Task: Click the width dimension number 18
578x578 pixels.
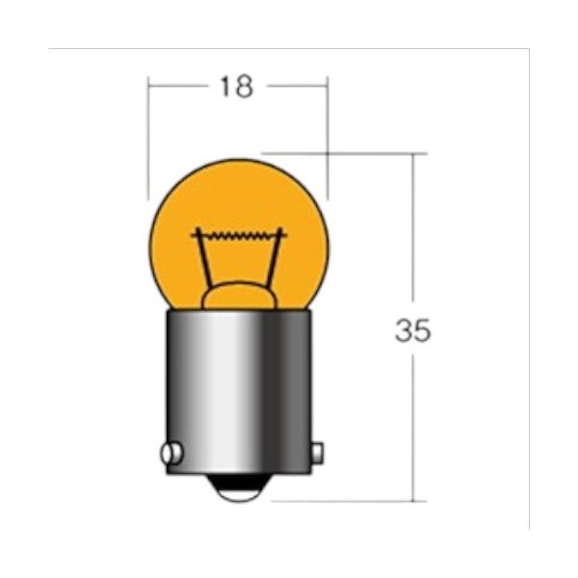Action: click(x=237, y=87)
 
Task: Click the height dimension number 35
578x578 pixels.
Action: click(x=412, y=330)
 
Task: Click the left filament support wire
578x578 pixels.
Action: click(x=203, y=258)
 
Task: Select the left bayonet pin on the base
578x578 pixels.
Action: click(x=171, y=453)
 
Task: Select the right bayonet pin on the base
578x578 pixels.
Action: click(x=317, y=453)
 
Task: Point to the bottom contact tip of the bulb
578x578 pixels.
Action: click(x=239, y=488)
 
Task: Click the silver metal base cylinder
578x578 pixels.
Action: click(x=239, y=392)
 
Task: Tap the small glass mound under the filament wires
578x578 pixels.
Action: click(x=239, y=296)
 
